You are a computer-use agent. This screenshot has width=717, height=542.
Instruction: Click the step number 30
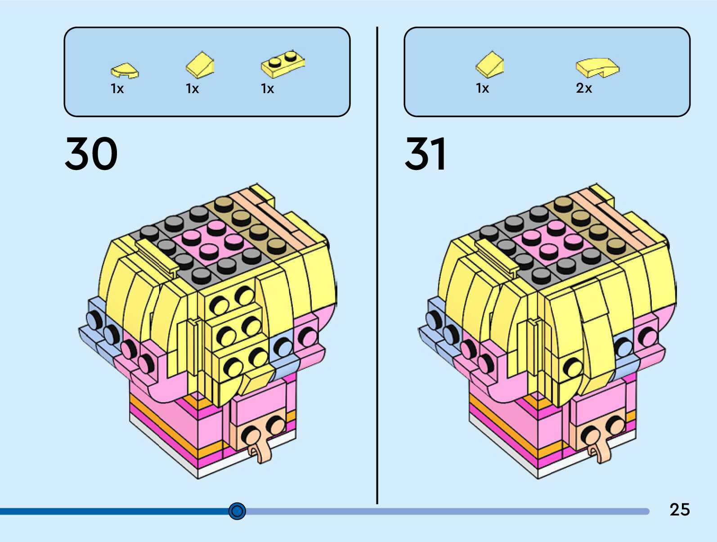click(91, 154)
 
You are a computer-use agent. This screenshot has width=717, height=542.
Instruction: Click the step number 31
click(426, 154)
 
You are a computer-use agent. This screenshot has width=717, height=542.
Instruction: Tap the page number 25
click(679, 510)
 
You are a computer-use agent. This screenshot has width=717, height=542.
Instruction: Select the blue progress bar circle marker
click(237, 511)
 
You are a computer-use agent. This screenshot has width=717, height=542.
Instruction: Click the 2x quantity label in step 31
click(584, 88)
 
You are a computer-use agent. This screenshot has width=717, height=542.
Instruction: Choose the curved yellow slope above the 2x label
click(597, 67)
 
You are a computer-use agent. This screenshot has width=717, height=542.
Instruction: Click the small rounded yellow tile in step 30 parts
click(125, 71)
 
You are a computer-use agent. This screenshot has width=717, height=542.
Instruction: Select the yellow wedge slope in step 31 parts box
click(490, 65)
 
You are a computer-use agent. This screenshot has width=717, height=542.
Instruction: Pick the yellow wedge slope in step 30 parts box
click(200, 65)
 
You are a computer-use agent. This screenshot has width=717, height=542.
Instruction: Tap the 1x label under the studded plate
click(267, 89)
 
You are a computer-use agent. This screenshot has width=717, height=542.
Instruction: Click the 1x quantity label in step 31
click(482, 88)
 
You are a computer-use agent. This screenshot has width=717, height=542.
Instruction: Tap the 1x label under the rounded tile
click(117, 89)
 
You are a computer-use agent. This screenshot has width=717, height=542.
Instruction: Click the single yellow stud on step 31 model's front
click(572, 367)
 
